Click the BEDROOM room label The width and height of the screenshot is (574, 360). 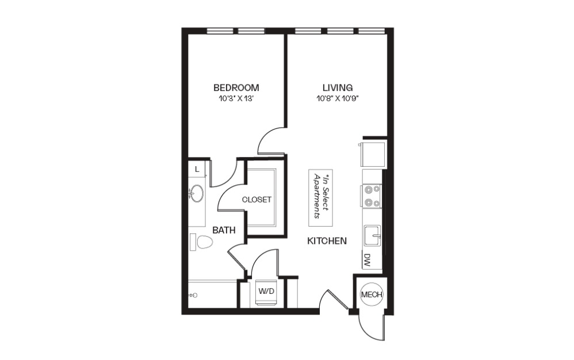[236, 88]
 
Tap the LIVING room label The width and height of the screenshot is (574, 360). [337, 88]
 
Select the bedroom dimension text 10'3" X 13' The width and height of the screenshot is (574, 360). [236, 98]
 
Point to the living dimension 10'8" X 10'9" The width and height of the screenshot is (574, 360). [337, 98]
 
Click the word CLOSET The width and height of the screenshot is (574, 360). [257, 200]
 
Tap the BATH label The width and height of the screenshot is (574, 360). [224, 230]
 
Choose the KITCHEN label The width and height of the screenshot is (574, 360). [327, 241]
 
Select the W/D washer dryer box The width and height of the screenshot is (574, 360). [266, 292]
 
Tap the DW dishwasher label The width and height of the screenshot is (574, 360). [366, 261]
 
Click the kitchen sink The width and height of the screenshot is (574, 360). [373, 236]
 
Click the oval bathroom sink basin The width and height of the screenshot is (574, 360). [197, 194]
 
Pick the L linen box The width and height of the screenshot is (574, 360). [197, 169]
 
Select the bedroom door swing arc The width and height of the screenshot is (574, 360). [270, 141]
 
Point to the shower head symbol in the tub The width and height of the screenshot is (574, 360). [193, 295]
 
